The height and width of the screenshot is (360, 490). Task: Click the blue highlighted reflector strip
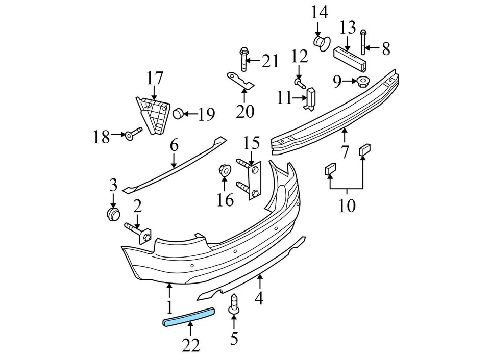click(188, 316)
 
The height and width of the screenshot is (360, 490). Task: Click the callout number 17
click(154, 79)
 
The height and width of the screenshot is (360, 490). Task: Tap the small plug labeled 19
click(179, 114)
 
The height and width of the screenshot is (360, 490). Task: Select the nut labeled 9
click(363, 81)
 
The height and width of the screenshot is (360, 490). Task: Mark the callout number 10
click(347, 205)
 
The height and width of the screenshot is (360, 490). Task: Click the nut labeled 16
click(224, 170)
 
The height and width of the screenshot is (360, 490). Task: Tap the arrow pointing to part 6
click(174, 160)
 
